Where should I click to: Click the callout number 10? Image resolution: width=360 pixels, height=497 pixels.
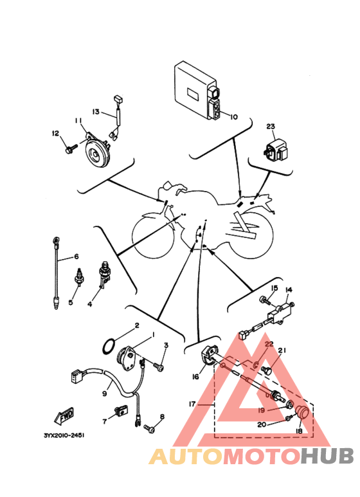[x=233, y=117]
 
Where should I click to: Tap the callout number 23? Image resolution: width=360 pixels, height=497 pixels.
[x=270, y=127]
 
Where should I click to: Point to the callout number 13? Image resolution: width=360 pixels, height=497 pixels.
[x=96, y=112]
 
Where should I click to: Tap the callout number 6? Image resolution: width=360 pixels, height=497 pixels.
[x=76, y=256]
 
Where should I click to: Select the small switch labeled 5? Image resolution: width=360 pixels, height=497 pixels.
[x=78, y=278]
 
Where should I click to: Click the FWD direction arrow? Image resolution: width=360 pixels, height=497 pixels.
[x=64, y=415]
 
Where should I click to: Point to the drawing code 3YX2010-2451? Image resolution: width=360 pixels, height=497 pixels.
[x=64, y=435]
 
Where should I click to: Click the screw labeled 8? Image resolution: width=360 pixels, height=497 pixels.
[x=150, y=429]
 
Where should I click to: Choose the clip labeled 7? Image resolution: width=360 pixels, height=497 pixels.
[x=121, y=410]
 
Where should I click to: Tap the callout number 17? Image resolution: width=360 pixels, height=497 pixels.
[x=192, y=404]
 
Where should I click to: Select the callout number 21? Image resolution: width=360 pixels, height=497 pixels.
[x=282, y=350]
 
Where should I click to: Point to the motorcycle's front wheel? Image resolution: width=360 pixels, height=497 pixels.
[x=153, y=235]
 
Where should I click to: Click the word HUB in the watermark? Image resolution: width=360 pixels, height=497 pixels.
[x=327, y=456]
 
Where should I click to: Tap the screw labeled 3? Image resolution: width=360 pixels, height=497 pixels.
[x=158, y=366]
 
